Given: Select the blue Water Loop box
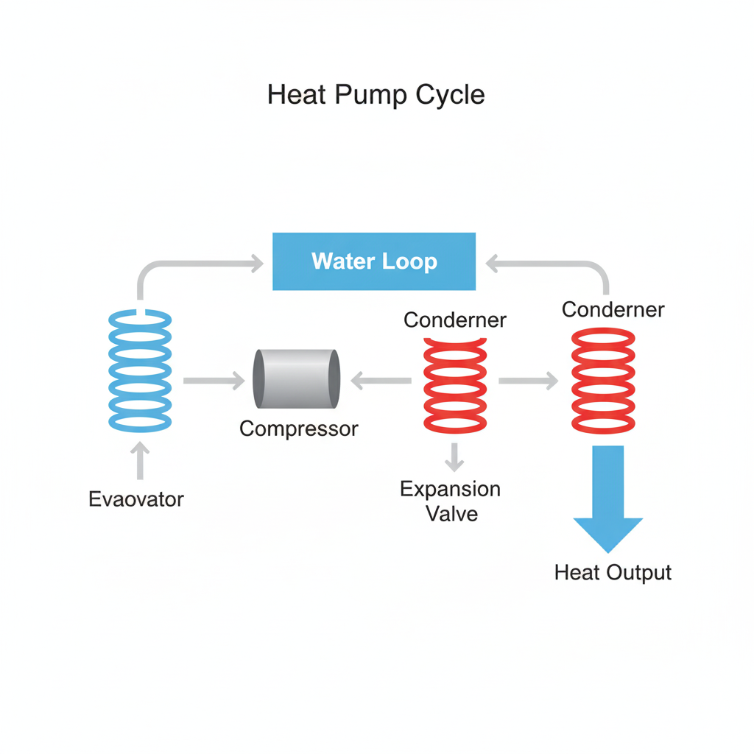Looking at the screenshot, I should pos(374,261).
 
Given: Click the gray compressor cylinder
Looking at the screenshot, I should pos(297,378).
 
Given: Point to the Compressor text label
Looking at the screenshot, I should pos(299,429).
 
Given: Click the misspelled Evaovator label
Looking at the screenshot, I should pos(136,499).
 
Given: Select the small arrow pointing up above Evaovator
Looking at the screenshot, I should pos(141,460).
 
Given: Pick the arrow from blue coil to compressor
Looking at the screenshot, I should pos(214,381).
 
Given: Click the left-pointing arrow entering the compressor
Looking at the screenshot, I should pos(381,381).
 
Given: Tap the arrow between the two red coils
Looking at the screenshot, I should pos(528,381).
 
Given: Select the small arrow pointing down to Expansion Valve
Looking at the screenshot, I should pos(454,457).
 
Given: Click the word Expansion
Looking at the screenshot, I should pos(450,489).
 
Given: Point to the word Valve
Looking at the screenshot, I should pos(452,513).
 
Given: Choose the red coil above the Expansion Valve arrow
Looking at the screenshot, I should pos(455,384).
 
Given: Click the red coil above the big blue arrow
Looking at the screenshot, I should pos(604,381).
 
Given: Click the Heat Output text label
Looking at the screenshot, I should pos(613,573).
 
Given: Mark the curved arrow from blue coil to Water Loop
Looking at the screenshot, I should pos(191,265).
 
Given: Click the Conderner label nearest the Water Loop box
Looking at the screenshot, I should pos(455,320).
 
